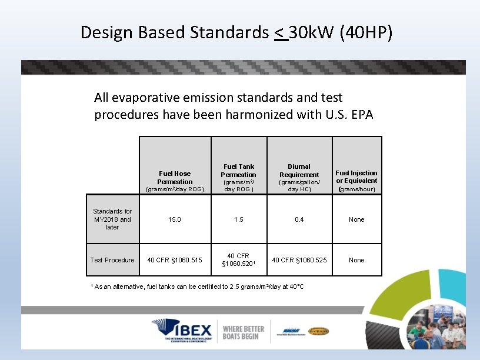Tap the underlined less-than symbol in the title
pyautogui.click(x=281, y=33)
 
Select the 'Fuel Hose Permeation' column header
pyautogui.click(x=175, y=178)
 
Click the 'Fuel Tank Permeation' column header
pyautogui.click(x=238, y=171)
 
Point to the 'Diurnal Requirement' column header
pyautogui.click(x=299, y=171)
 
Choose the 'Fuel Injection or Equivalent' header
pyautogui.click(x=356, y=177)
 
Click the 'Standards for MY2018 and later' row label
pyautogui.click(x=112, y=219)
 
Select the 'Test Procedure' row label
pyautogui.click(x=112, y=260)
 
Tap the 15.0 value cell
pyautogui.click(x=175, y=219)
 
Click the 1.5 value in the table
pyautogui.click(x=238, y=219)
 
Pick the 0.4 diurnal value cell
pyautogui.click(x=299, y=219)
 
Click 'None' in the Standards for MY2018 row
pyautogui.click(x=356, y=219)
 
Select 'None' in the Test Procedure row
pyautogui.click(x=356, y=260)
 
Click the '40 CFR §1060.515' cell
pyautogui.click(x=175, y=260)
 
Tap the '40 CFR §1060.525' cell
pyautogui.click(x=299, y=260)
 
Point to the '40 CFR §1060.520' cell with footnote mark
pyautogui.click(x=238, y=260)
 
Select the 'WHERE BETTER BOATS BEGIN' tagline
pyautogui.click(x=244, y=332)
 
